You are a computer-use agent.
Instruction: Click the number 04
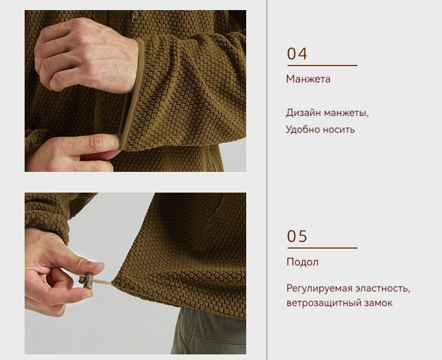tap(297, 54)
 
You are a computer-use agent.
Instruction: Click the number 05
tap(297, 236)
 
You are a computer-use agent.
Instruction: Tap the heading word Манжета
tap(308, 79)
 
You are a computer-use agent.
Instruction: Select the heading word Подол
tap(303, 262)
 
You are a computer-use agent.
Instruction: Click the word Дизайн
tap(303, 113)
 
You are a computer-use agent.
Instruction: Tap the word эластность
tap(382, 289)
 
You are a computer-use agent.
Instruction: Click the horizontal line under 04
tap(322, 66)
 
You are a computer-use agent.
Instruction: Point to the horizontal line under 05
tap(322, 248)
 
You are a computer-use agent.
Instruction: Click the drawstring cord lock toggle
tap(86, 279)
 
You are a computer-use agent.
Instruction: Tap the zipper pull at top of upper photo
tap(135, 16)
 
